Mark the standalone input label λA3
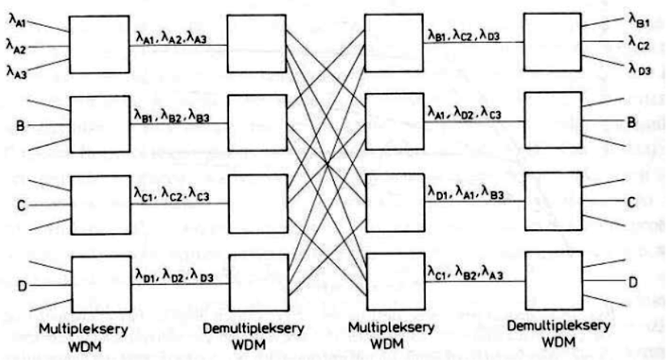click(18, 70)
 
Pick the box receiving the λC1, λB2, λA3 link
click(551, 279)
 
